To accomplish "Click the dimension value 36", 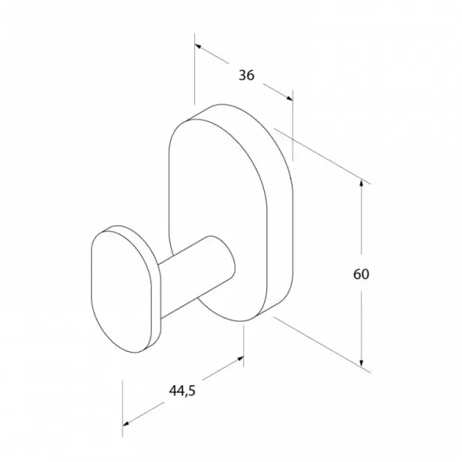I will [246, 75].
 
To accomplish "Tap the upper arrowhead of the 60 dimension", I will [362, 185].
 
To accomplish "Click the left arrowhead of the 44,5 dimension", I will [128, 421].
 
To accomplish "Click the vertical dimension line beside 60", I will [362, 231].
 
